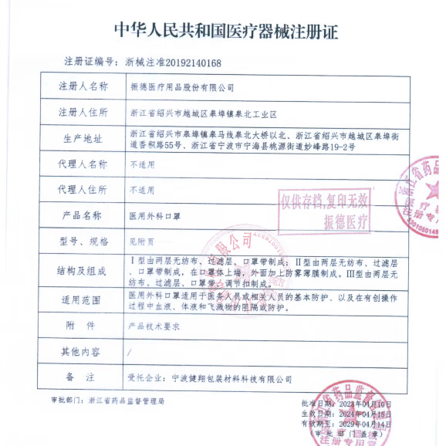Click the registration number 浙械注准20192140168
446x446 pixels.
172,63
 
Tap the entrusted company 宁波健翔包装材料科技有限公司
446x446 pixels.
231,379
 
